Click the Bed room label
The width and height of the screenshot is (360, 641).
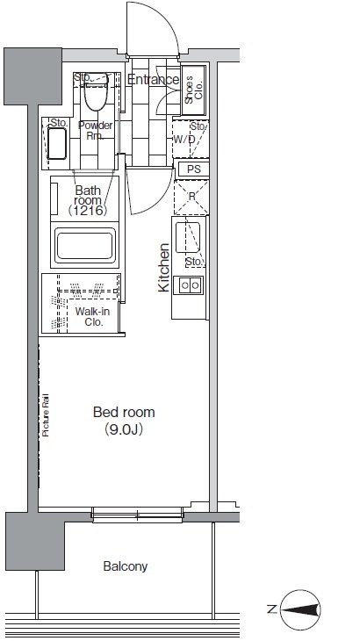click(x=124, y=412)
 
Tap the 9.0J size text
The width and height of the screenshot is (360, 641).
click(x=124, y=429)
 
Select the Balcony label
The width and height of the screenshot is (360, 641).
click(x=125, y=566)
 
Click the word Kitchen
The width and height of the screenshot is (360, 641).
click(x=164, y=268)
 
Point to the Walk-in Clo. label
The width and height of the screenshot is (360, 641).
click(x=92, y=317)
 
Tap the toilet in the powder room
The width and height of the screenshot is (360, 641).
click(x=96, y=92)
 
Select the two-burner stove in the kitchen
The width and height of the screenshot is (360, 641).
click(x=189, y=284)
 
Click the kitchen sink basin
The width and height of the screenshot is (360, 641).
click(x=188, y=237)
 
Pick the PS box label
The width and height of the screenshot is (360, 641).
click(x=194, y=169)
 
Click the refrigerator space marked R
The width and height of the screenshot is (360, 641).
click(x=191, y=197)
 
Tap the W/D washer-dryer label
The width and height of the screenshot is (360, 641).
click(x=184, y=140)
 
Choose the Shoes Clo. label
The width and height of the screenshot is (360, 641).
click(x=194, y=90)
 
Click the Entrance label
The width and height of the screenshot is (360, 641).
click(x=154, y=79)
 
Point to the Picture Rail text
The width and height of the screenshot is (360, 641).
click(x=46, y=415)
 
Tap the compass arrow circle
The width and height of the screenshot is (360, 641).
click(x=301, y=610)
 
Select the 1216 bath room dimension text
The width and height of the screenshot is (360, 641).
click(x=88, y=211)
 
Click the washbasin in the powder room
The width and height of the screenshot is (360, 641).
click(x=57, y=143)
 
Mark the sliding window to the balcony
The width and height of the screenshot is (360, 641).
click(x=137, y=515)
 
